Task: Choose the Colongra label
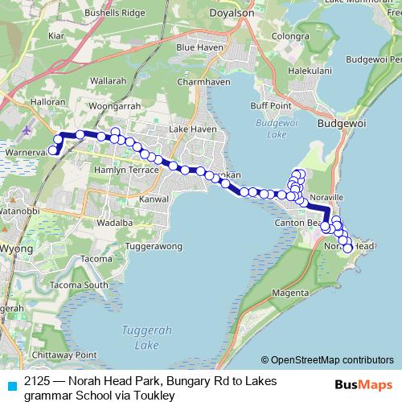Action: tap(290, 36)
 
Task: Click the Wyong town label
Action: tap(17, 249)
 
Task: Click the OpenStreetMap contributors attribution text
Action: tap(327, 360)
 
